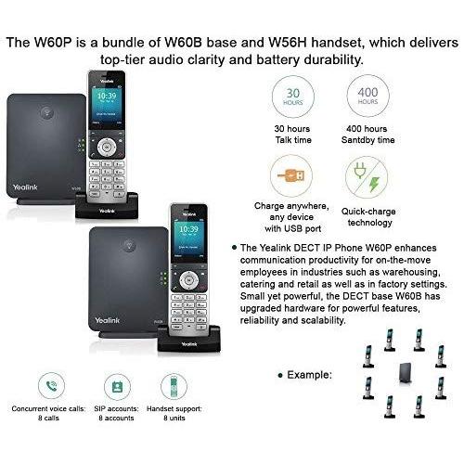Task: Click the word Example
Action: [312, 377]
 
